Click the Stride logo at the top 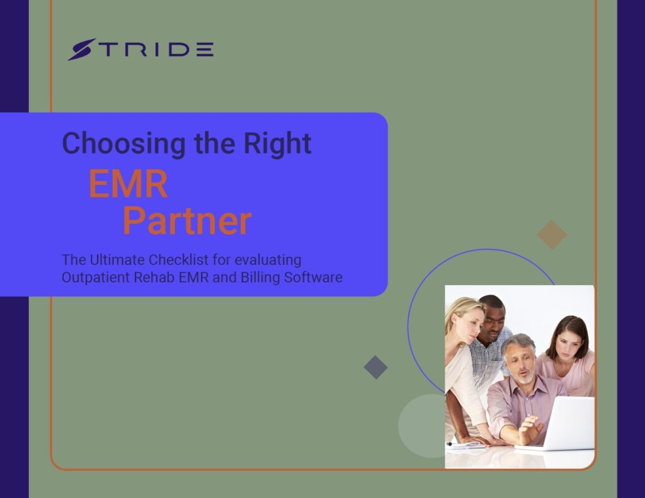click(x=140, y=49)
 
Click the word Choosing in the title click(x=124, y=143)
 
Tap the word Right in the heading click(x=277, y=143)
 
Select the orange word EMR click(x=128, y=183)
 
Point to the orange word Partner click(x=187, y=221)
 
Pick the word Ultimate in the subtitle click(x=117, y=260)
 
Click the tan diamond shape click(x=552, y=234)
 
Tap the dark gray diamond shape click(x=375, y=367)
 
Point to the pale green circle click(x=422, y=426)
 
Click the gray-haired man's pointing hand click(x=529, y=429)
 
